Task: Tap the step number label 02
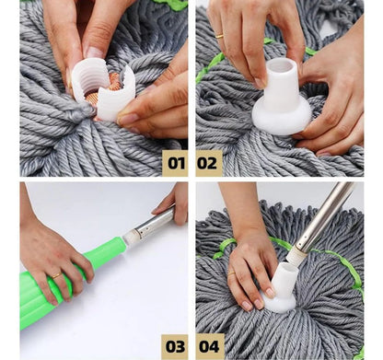209,163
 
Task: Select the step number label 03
175,347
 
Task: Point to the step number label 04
210,347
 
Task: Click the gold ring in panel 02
219,36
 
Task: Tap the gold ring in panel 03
57,276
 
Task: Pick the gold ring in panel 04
231,273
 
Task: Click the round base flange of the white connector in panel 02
282,117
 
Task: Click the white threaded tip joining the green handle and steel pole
130,238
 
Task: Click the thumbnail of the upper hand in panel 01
95,52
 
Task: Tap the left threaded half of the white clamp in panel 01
87,78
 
